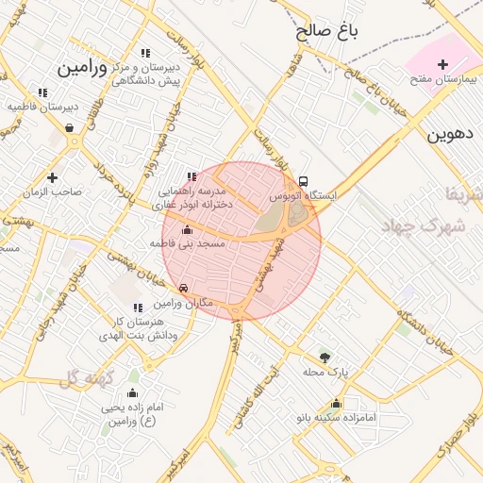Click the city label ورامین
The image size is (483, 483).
pos(82,68)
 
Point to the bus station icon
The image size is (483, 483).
pos(303,180)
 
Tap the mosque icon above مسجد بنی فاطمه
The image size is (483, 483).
pos(187,229)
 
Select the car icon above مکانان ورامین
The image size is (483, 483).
pos(183,288)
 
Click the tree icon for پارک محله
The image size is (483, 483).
pos(325,357)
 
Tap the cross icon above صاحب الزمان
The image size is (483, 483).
pos(52,176)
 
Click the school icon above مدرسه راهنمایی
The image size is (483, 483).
pos(192,175)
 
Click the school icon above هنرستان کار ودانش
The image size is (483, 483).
pos(138,307)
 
